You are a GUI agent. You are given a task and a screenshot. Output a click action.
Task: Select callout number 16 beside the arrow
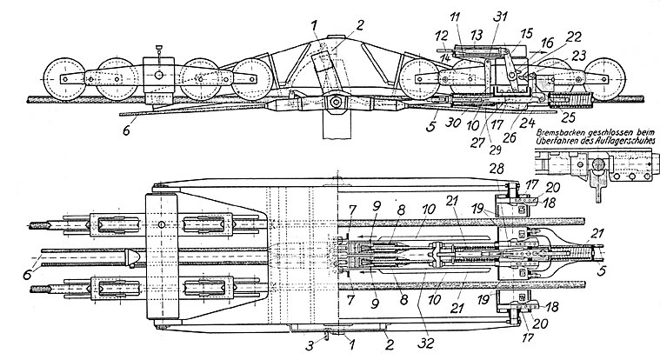click(x=546, y=42)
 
